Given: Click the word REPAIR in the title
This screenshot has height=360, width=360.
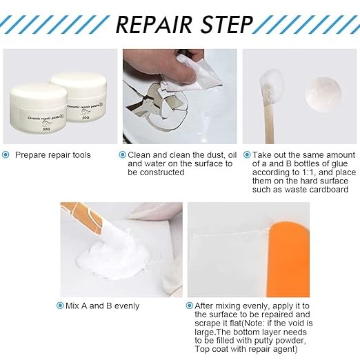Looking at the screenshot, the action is click(x=154, y=24).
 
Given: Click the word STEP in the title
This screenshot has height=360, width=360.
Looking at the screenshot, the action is click(x=227, y=24).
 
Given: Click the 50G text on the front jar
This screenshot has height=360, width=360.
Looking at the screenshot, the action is click(x=46, y=129).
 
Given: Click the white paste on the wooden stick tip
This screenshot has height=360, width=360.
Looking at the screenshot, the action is click(x=271, y=86).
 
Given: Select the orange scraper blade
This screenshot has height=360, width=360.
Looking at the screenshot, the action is click(x=289, y=259).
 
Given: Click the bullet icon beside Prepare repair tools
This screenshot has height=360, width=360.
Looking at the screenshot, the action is click(x=6, y=155).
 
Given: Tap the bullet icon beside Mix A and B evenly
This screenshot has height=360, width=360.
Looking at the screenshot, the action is click(x=60, y=306).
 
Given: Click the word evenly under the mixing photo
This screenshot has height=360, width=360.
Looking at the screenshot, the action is click(x=127, y=306).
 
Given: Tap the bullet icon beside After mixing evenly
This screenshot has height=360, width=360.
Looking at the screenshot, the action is click(x=189, y=306).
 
